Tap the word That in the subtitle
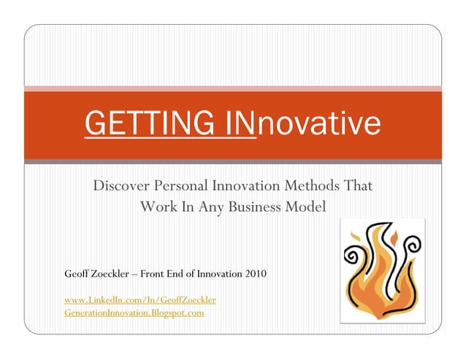point(358,186)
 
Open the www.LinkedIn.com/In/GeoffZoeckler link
point(140,300)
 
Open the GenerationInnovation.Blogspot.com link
point(134,313)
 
